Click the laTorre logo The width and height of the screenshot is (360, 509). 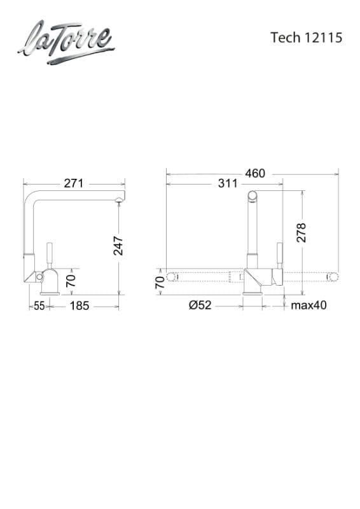pyautogui.click(x=66, y=42)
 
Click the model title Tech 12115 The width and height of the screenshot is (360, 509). pyautogui.click(x=306, y=38)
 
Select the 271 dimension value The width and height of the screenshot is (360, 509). pyautogui.click(x=74, y=183)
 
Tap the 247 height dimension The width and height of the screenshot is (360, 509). pyautogui.click(x=118, y=246)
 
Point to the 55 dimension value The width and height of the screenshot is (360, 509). pyautogui.click(x=39, y=306)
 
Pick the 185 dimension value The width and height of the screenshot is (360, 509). pyautogui.click(x=80, y=306)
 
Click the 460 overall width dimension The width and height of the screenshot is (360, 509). pyautogui.click(x=255, y=173)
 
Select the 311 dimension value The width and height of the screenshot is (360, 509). pyautogui.click(x=228, y=183)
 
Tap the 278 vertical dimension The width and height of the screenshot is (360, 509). pyautogui.click(x=301, y=232)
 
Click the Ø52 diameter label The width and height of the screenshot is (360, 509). pyautogui.click(x=200, y=305)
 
